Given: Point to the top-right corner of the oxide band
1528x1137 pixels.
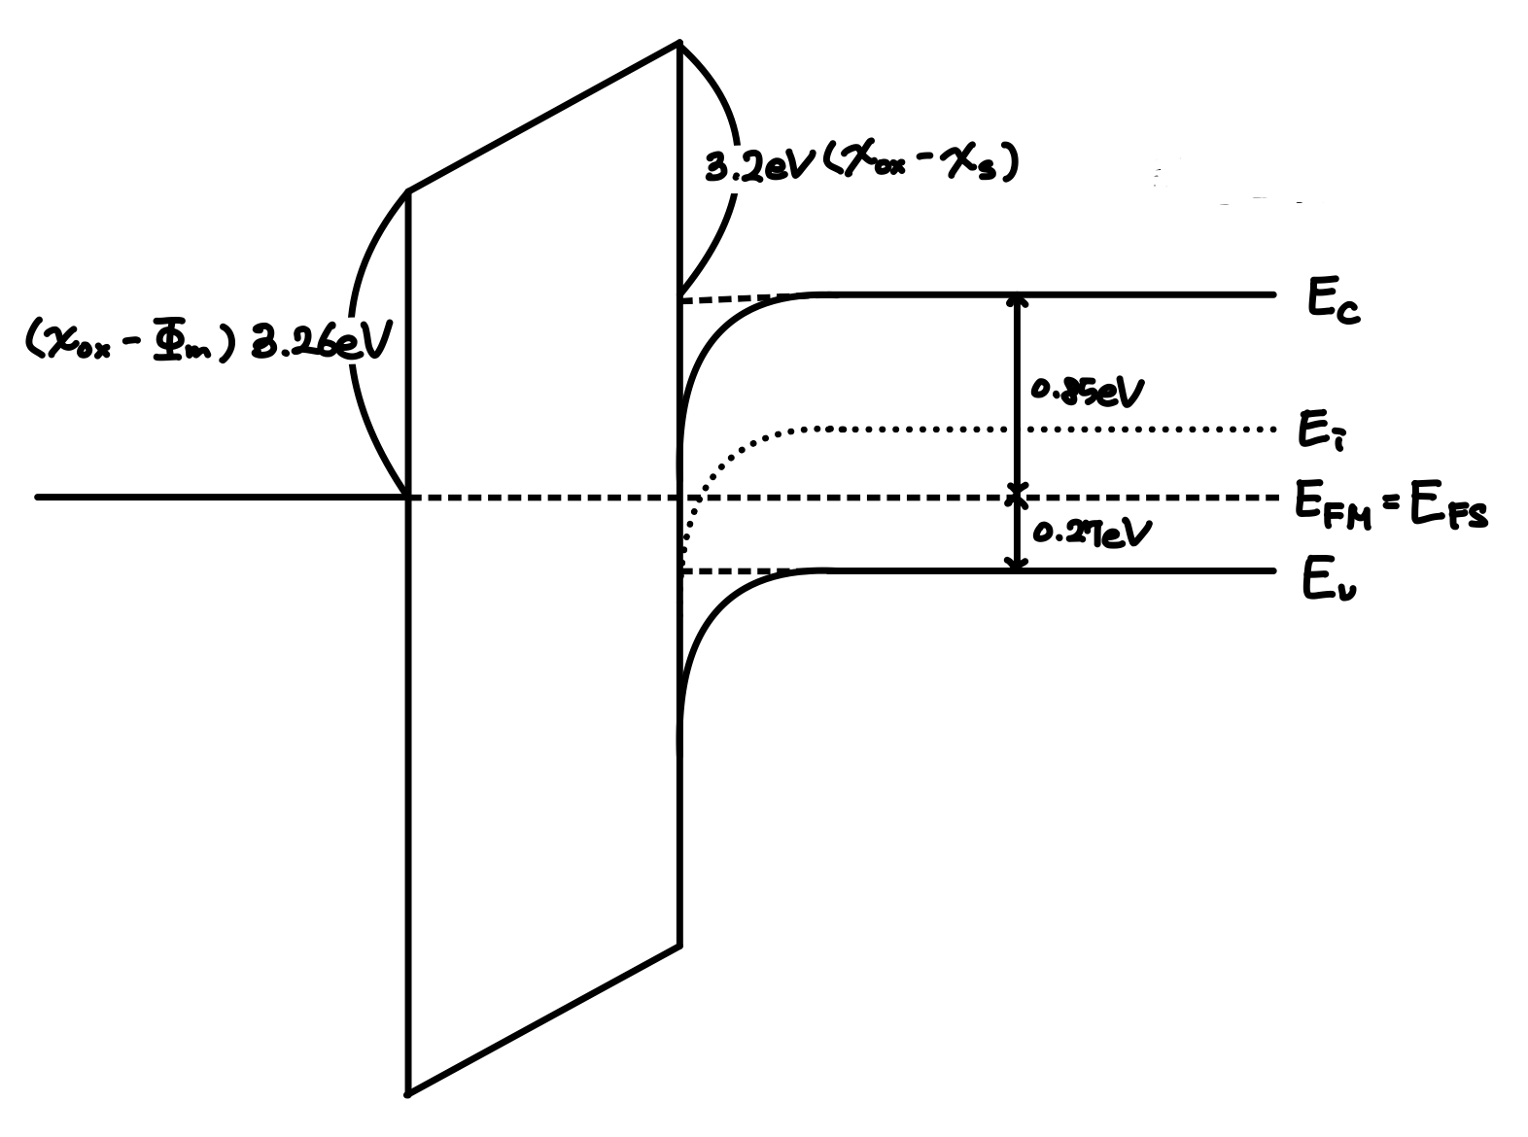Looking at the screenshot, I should [x=679, y=44].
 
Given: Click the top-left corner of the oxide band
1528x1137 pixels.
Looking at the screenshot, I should [x=408, y=191].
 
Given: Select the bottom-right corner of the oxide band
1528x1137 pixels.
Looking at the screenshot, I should [x=679, y=943].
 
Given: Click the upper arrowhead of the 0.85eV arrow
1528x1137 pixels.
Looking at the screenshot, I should [x=1017, y=300].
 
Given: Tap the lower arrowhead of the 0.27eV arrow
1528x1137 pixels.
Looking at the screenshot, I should [x=1017, y=564].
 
